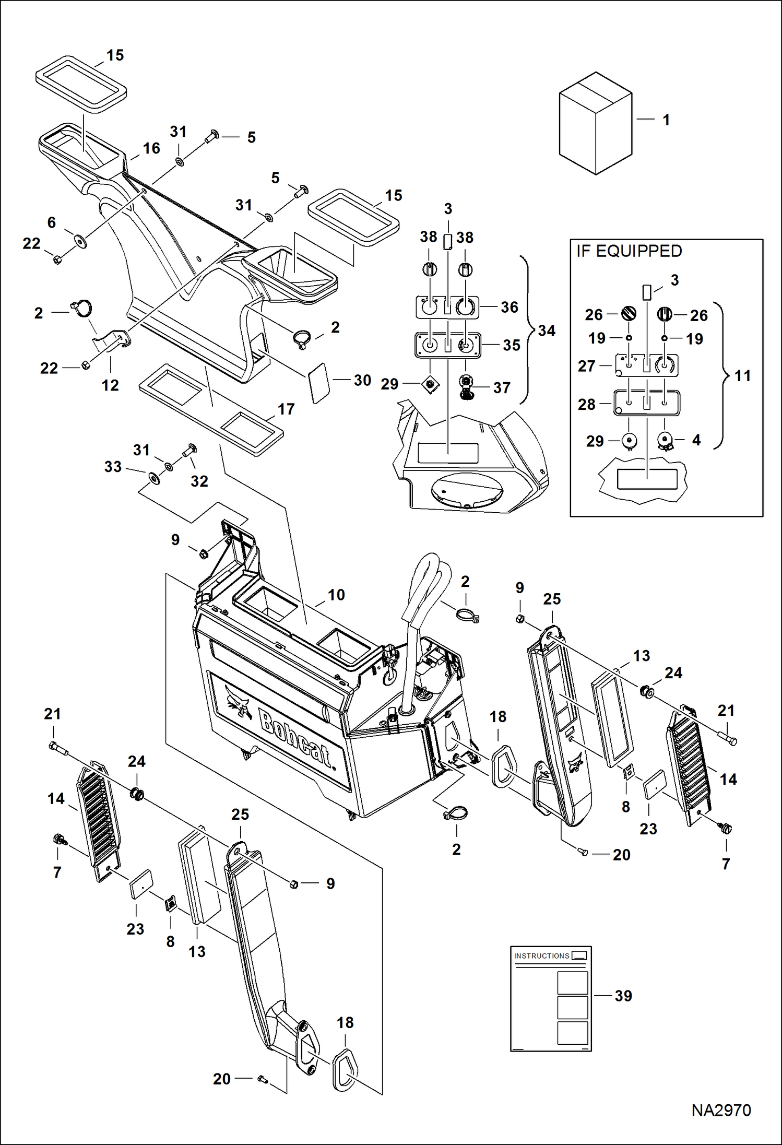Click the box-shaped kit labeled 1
point(595,124)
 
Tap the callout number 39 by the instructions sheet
point(623,996)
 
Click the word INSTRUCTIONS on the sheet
point(541,956)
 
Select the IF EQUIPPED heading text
point(629,251)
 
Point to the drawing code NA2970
point(721,1110)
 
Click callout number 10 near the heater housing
point(336,595)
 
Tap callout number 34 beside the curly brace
point(547,330)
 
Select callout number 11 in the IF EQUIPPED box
point(742,375)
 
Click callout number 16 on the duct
point(151,148)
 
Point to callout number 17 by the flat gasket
point(286,409)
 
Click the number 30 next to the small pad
point(362,380)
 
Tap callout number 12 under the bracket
point(110,385)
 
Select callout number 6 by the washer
point(51,222)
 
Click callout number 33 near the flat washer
point(113,467)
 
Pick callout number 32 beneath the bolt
point(199,481)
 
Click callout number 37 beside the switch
point(502,387)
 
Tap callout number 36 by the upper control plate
point(510,307)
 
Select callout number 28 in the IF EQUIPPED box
point(586,404)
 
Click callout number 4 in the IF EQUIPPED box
point(696,440)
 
